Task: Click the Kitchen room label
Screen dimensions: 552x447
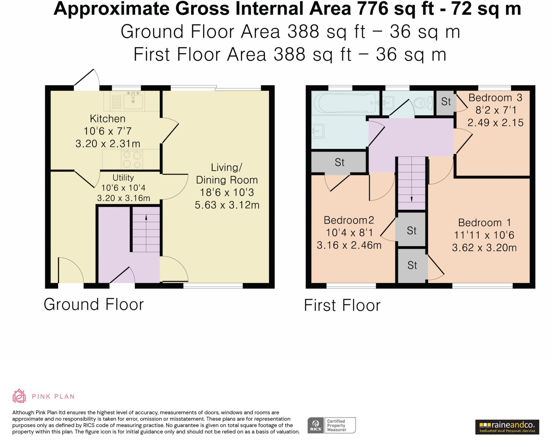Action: [108, 119]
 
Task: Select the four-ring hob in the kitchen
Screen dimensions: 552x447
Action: [132, 159]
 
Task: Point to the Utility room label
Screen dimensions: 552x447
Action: [123, 178]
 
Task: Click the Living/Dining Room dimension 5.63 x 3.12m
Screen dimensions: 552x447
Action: [227, 205]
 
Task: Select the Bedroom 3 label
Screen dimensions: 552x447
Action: [495, 98]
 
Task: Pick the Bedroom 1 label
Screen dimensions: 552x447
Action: [484, 223]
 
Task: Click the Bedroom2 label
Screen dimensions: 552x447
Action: [349, 220]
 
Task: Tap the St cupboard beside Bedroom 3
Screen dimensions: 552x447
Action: [446, 102]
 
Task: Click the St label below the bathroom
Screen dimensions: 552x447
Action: [339, 162]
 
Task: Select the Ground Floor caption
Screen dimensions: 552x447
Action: [94, 304]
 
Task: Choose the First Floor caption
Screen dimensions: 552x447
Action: [342, 305]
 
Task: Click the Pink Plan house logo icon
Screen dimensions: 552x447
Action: [19, 396]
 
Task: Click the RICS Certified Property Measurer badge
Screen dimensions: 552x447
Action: [332, 425]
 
